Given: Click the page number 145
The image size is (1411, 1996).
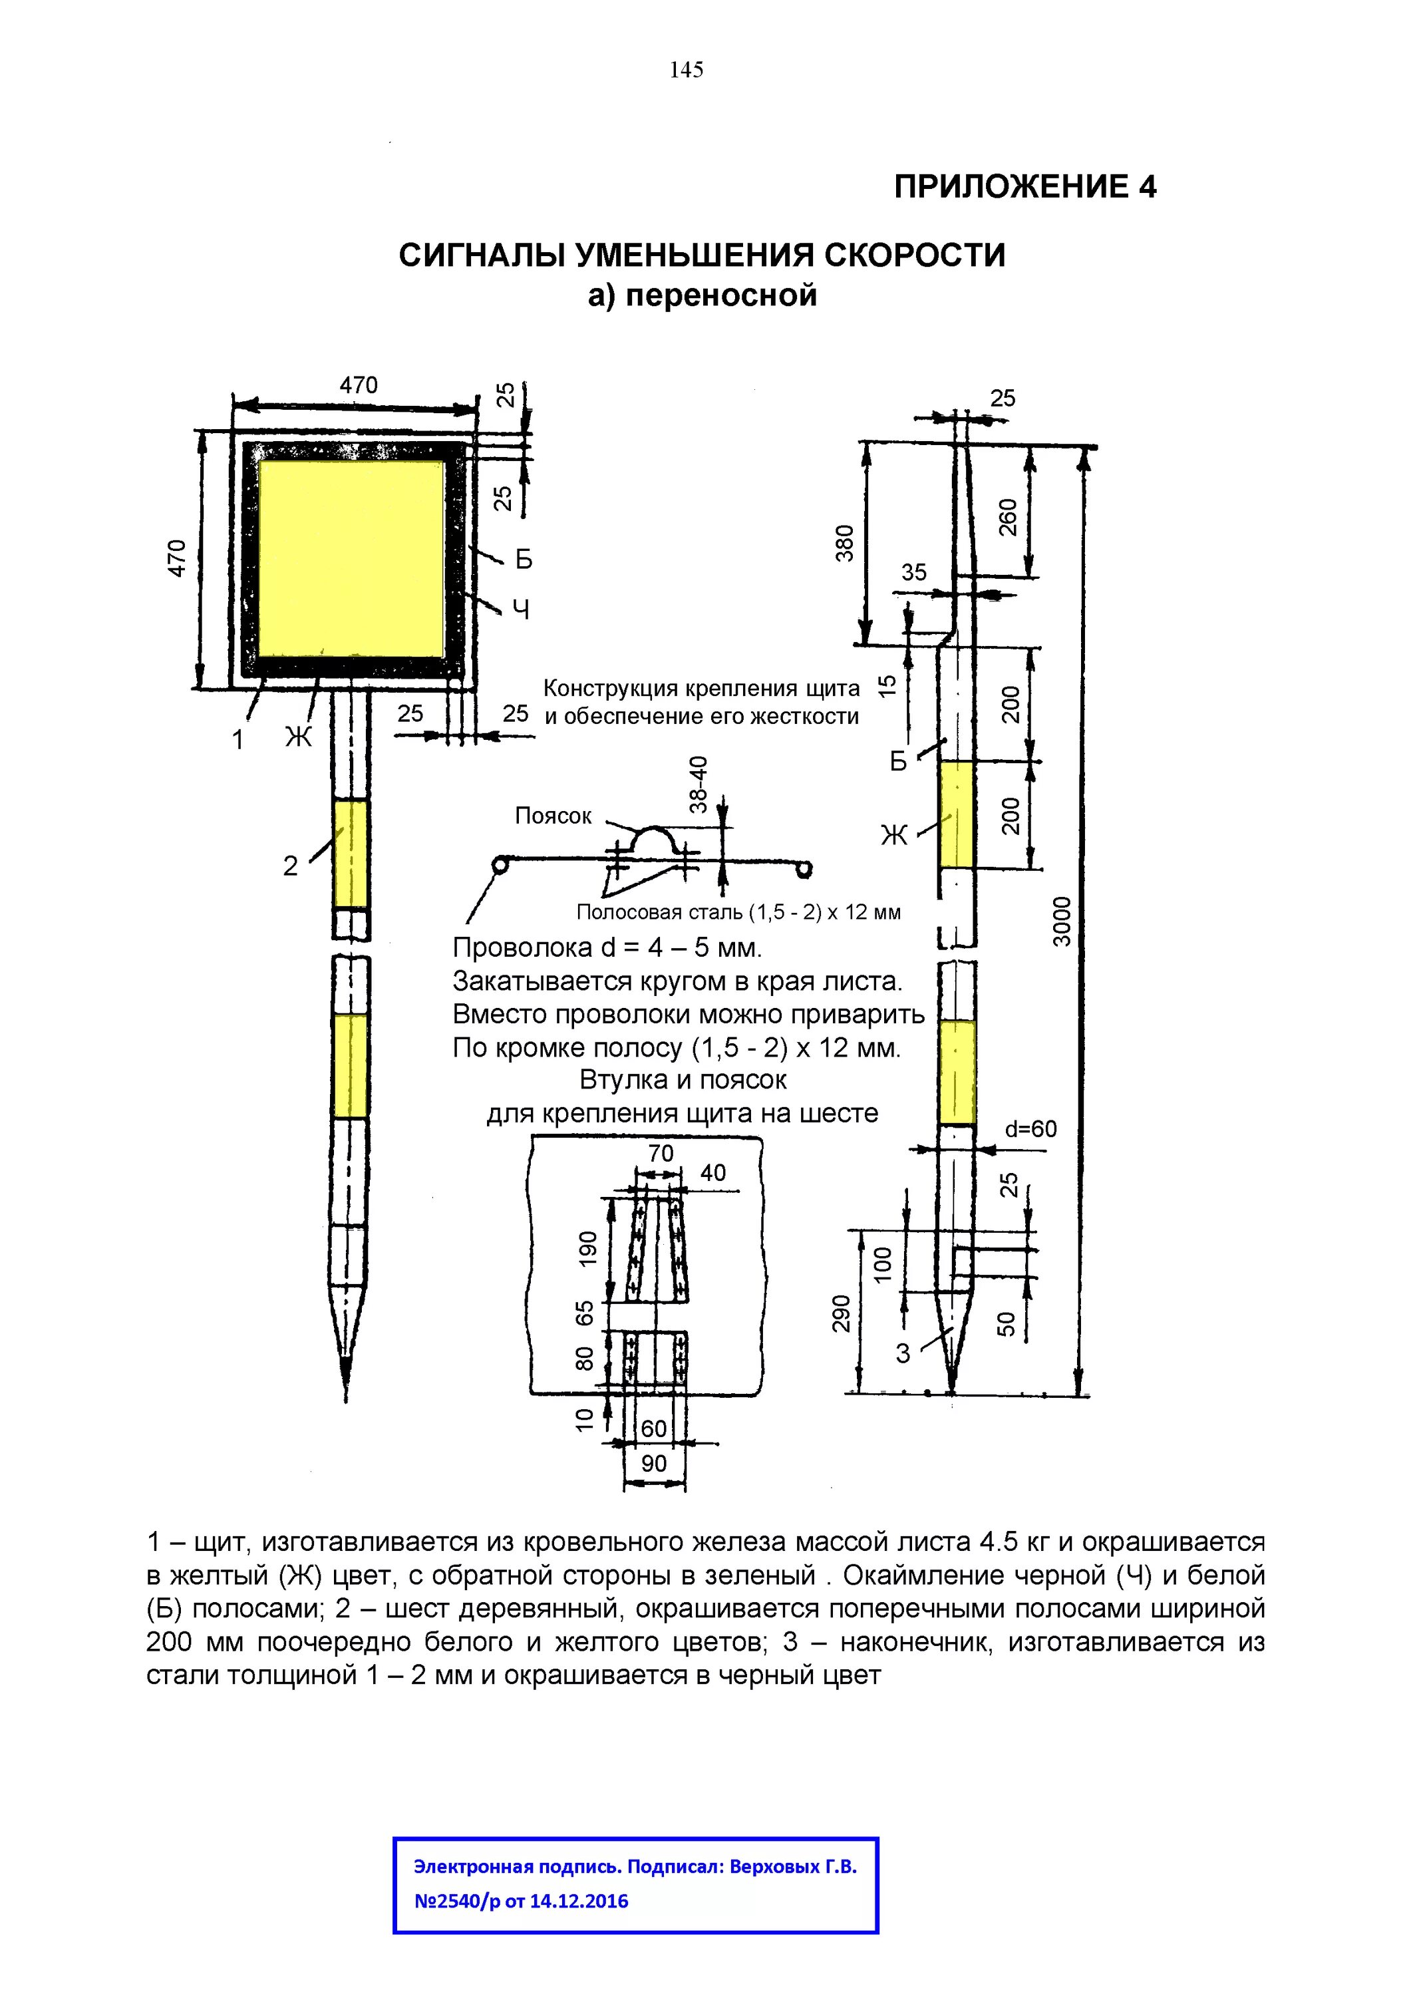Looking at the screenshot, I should pos(686,71).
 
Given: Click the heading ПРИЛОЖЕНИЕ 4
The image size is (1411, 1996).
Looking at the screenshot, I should pos(1025,187).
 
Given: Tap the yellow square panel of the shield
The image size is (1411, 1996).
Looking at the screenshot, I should pos(351,558).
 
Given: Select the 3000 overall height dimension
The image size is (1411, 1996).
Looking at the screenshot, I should pos(1062,921).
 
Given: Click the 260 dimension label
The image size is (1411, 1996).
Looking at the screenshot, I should pos(1008,517).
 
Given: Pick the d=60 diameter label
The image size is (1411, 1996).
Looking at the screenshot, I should pos(1030,1129).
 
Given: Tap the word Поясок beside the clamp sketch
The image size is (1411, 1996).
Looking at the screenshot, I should pos(553,816).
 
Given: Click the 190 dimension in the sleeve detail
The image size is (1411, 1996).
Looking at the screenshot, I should pos(589,1249).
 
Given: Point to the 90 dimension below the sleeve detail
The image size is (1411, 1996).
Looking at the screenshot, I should pos(654,1464).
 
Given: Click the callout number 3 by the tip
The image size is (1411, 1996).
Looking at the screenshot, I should pos(903,1353).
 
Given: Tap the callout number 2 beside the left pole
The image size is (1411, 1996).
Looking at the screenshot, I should pos(290,866).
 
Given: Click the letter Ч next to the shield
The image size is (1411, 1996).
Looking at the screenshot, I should pos(522,610).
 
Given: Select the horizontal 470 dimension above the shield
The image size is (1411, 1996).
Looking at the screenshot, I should pos(358,385).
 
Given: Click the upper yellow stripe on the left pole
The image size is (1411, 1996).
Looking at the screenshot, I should pos(351,854).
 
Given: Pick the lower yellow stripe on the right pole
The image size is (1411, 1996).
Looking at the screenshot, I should pos(957,1073).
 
